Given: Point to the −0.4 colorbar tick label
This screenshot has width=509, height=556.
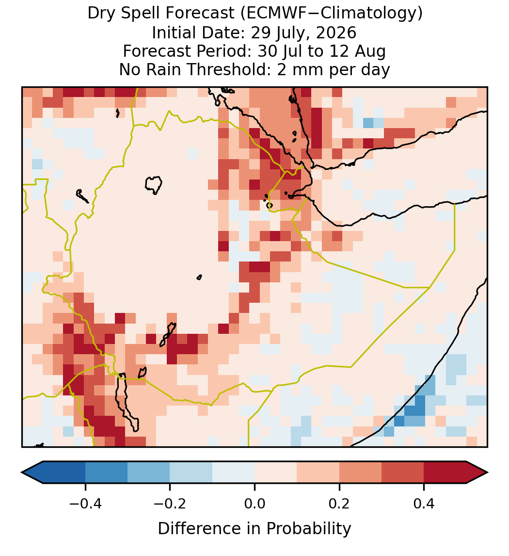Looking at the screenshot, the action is point(85,503).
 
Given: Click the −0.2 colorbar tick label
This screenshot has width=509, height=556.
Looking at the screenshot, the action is point(170,503).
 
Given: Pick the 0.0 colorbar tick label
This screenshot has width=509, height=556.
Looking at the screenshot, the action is point(254,503).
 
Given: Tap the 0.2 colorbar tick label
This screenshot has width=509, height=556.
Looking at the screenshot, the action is point(339,503).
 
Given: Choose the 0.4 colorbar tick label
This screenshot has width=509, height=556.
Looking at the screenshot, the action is point(424,503).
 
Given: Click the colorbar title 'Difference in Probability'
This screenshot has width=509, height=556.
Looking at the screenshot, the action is point(254,529).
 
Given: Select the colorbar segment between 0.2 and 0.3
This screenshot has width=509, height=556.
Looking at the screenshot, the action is point(361,473).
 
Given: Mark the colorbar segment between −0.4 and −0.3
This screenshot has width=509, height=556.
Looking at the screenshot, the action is point(106,473).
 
